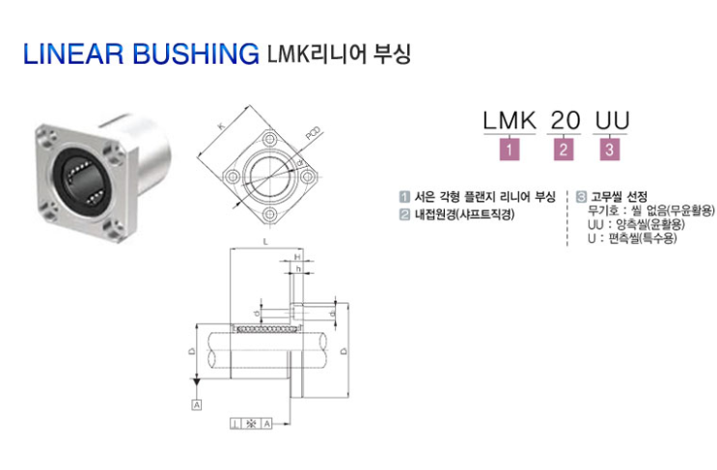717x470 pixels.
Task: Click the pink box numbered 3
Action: pyautogui.click(x=611, y=150)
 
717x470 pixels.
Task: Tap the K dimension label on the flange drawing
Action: pyautogui.click(x=219, y=126)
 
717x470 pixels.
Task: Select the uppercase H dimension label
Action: pyautogui.click(x=298, y=256)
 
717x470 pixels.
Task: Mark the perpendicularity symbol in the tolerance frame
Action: pyautogui.click(x=236, y=423)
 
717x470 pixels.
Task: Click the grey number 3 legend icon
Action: pyautogui.click(x=581, y=194)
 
